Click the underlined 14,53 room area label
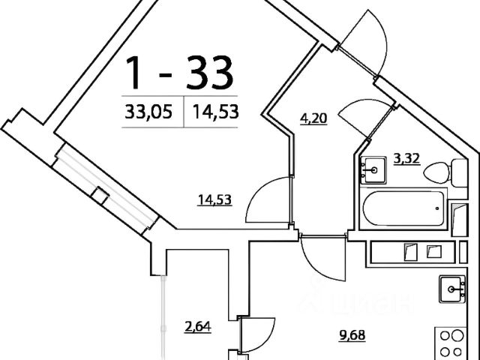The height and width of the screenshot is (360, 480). [214, 199]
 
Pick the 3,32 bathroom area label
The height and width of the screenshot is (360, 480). [406, 158]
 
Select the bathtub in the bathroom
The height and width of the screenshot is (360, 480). [403, 208]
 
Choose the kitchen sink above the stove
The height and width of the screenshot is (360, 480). [452, 288]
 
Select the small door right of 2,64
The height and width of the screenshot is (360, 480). [255, 334]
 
